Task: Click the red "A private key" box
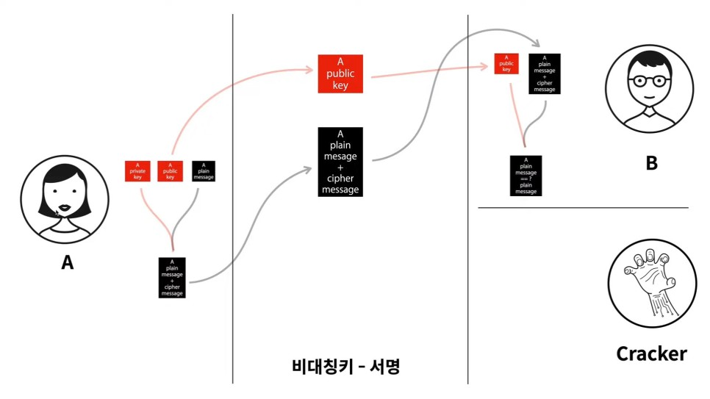click(x=137, y=170)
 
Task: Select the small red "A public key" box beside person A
click(x=171, y=170)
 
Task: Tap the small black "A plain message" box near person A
click(x=203, y=170)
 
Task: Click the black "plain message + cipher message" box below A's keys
click(x=171, y=277)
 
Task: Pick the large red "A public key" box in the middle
click(x=342, y=73)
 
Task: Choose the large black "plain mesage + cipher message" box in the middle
click(x=340, y=162)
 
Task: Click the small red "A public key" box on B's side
click(x=506, y=65)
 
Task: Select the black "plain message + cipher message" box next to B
click(x=545, y=73)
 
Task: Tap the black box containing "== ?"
click(x=526, y=175)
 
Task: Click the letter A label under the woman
click(x=67, y=262)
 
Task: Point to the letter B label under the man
click(x=651, y=163)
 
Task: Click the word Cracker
click(x=650, y=354)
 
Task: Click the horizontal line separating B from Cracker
click(x=583, y=208)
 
